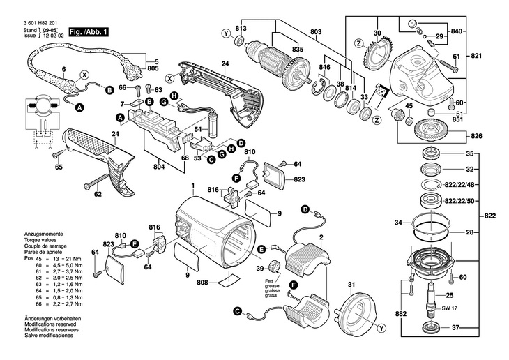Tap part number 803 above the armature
click(x=316, y=33)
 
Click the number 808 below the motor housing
click(x=202, y=283)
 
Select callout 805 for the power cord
click(x=153, y=68)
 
